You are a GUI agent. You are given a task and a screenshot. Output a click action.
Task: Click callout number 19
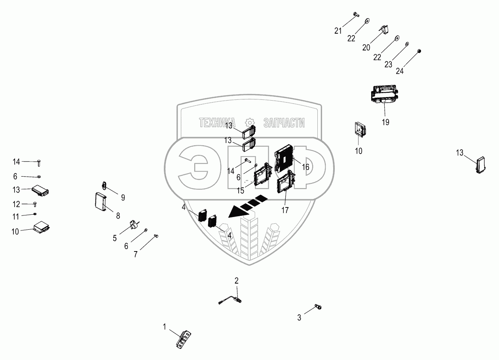click(385, 122)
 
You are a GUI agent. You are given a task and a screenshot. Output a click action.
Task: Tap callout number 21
click(338, 31)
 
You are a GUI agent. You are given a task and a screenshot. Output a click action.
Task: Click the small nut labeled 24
click(419, 51)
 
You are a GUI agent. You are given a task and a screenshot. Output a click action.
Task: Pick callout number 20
click(366, 47)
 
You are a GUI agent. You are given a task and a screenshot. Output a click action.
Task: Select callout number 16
click(305, 167)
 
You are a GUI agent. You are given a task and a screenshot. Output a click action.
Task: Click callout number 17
click(285, 210)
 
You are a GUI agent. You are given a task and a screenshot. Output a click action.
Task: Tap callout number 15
click(240, 190)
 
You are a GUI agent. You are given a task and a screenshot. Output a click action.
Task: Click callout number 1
click(164, 327)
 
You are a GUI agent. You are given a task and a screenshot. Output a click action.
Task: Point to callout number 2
click(237, 281)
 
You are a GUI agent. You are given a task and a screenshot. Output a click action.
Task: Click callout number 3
click(299, 317)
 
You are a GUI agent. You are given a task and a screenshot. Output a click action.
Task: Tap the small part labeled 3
click(318, 307)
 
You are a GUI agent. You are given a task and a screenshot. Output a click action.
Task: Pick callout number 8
click(118, 216)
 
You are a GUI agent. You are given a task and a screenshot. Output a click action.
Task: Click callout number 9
click(123, 198)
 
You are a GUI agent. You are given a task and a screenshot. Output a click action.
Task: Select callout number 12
click(16, 204)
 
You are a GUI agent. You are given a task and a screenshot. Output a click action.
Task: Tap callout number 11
click(16, 216)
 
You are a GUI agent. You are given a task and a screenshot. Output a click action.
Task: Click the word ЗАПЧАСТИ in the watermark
click(284, 123)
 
